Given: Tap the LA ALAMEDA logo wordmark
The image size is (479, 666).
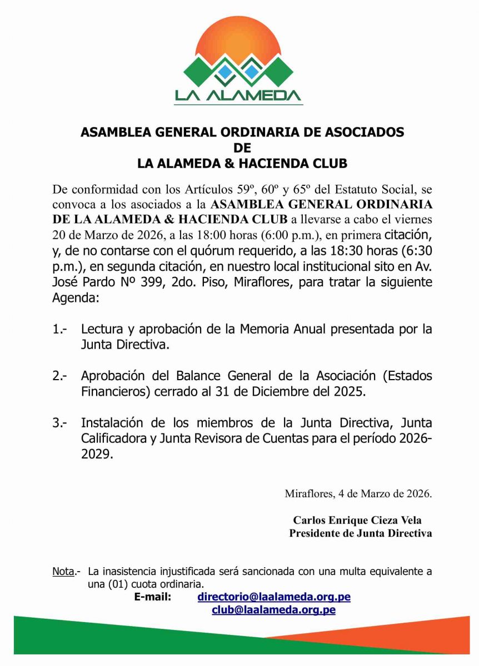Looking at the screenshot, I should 239,95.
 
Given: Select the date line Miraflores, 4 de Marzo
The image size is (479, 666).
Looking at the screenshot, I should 358,493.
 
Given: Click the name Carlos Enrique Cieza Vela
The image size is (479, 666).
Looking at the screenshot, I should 357,521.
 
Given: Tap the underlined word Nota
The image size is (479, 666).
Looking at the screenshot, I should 63,571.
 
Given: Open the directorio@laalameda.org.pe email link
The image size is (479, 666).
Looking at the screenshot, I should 274,597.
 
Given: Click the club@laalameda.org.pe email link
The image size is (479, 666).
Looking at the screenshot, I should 274,610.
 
